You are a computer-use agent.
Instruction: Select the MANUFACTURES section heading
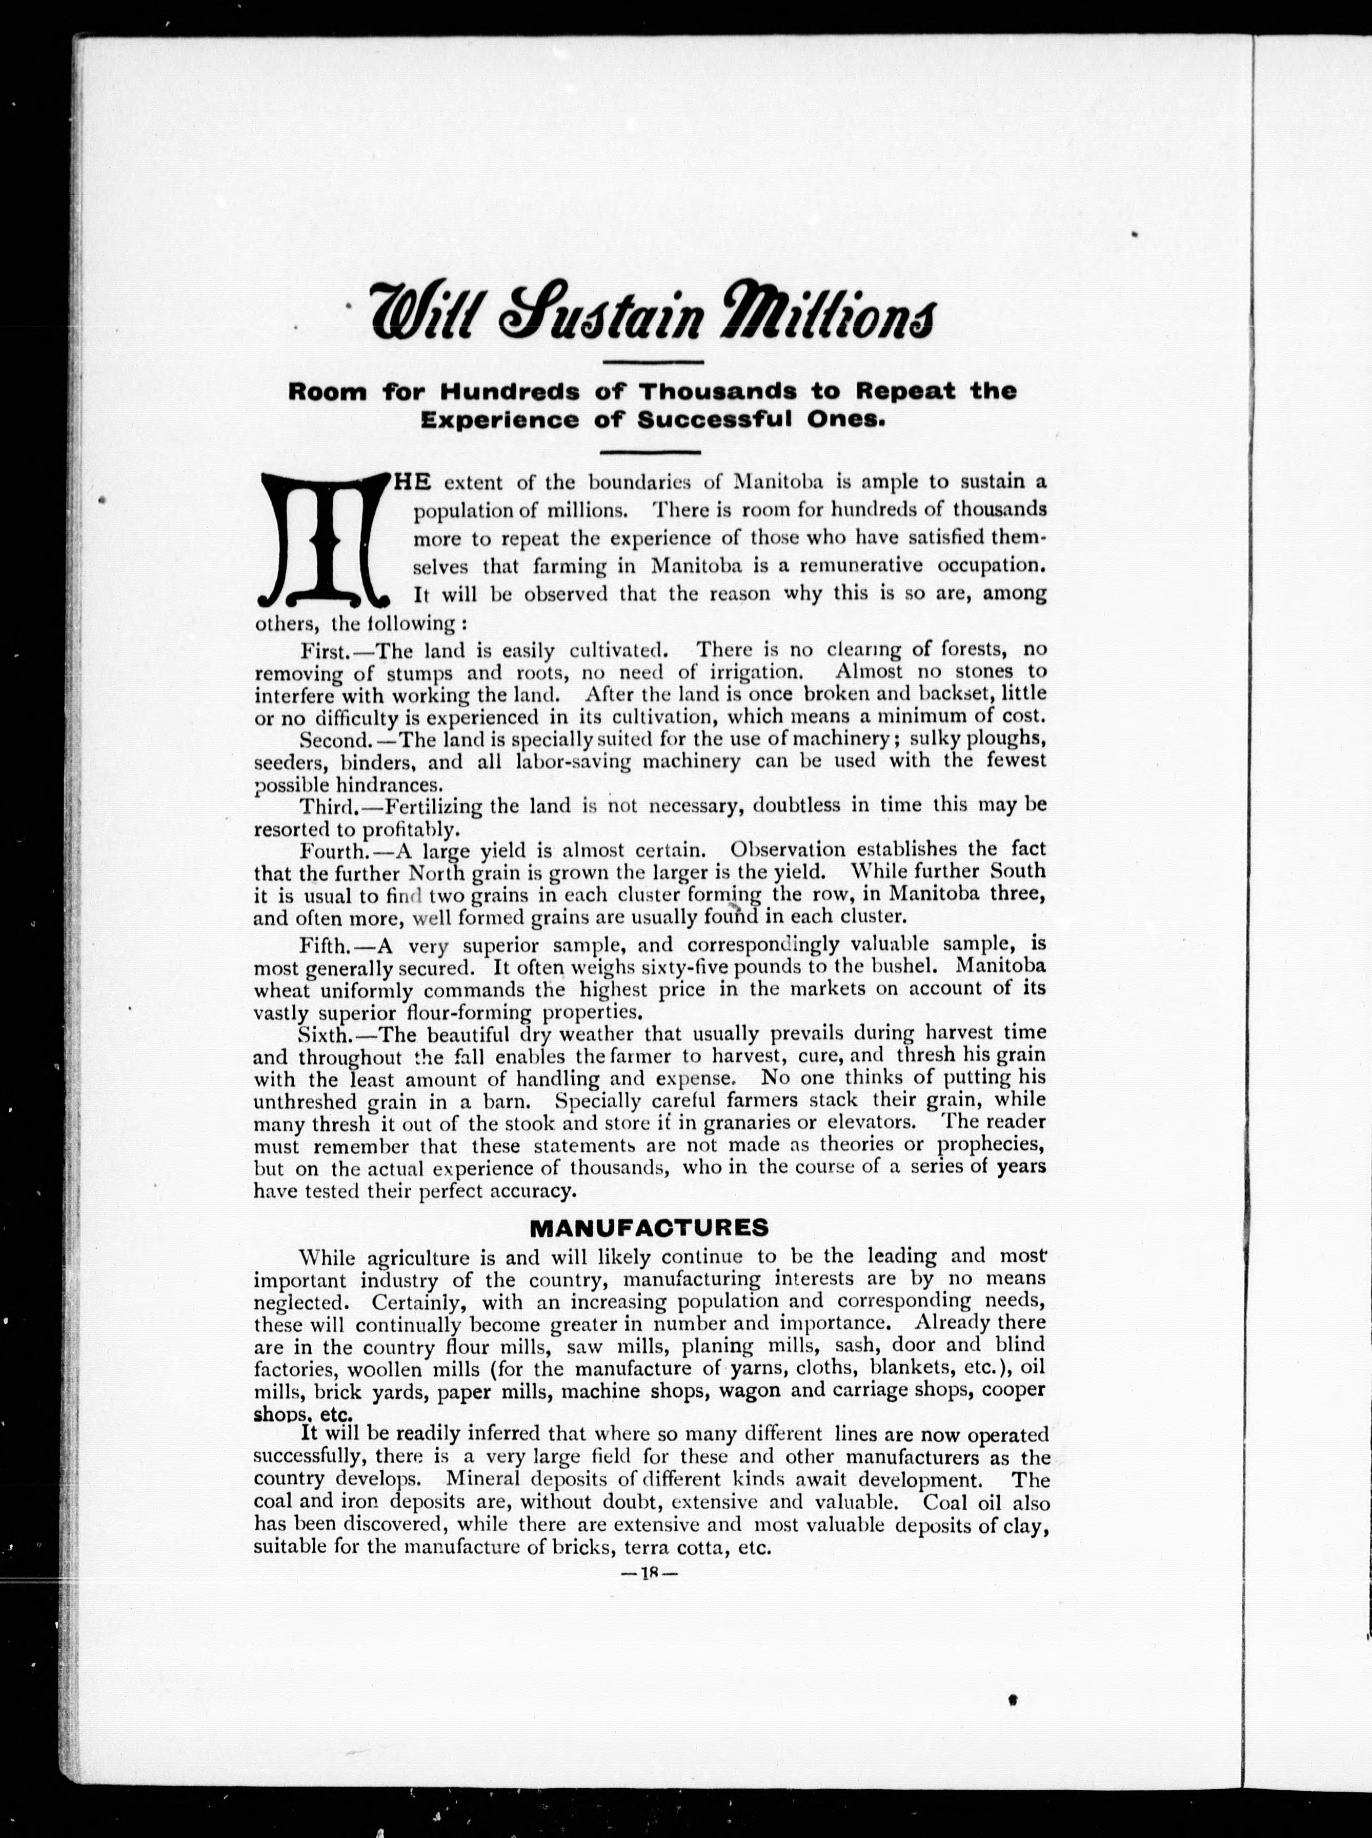tap(649, 1228)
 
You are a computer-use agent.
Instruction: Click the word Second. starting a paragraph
tap(334, 738)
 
